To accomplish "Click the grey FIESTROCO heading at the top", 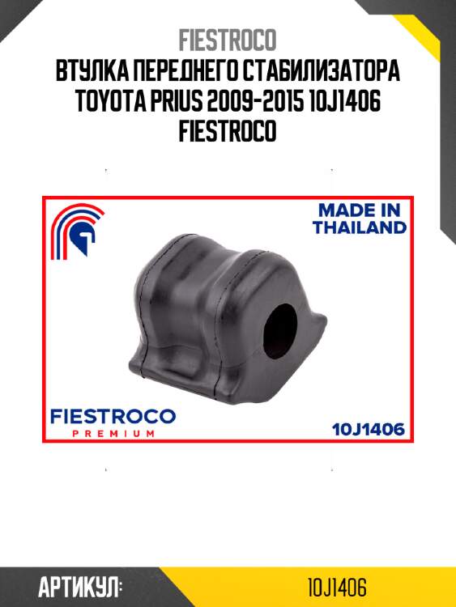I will [228, 39].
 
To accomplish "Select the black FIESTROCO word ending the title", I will [228, 131].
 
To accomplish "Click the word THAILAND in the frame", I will [360, 227].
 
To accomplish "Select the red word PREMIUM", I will [112, 434].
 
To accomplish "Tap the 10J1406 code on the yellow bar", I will [342, 586].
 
